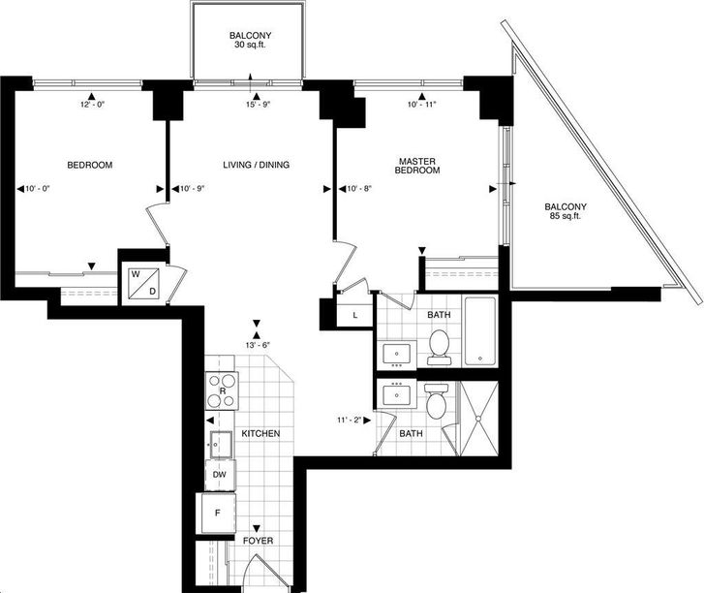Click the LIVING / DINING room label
[x=256, y=165]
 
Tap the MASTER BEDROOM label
[x=417, y=166]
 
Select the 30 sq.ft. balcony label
[x=250, y=40]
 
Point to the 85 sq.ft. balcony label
[x=566, y=211]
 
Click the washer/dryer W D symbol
[x=143, y=283]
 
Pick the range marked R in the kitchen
[x=222, y=390]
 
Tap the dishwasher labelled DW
[x=220, y=475]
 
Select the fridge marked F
[x=218, y=513]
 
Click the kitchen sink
[x=222, y=445]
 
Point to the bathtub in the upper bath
[x=480, y=330]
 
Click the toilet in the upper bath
[x=439, y=347]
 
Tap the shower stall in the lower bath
[x=479, y=419]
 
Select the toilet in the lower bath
[x=436, y=401]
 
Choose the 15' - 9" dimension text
[x=258, y=105]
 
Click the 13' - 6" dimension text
[x=257, y=345]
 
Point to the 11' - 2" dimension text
[x=349, y=421]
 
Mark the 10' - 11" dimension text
[x=421, y=105]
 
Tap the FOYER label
[x=258, y=541]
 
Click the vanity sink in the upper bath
[x=397, y=354]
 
